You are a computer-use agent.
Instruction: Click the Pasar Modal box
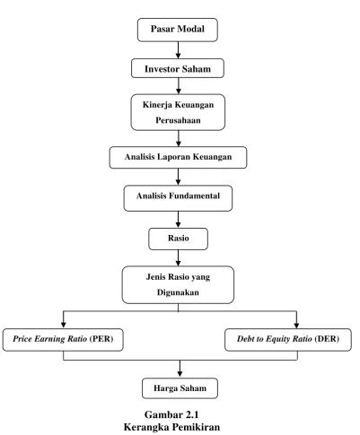pyautogui.click(x=178, y=30)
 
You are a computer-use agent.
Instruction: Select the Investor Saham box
pyautogui.click(x=178, y=68)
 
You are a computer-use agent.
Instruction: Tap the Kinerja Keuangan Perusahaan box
pyautogui.click(x=178, y=112)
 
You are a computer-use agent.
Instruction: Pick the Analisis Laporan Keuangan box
pyautogui.click(x=178, y=157)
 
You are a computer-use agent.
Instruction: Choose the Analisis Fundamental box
pyautogui.click(x=178, y=198)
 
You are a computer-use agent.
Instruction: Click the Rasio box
pyautogui.click(x=178, y=239)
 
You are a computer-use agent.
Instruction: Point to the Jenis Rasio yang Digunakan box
pyautogui.click(x=178, y=285)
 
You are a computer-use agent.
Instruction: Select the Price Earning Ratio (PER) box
pyautogui.click(x=63, y=340)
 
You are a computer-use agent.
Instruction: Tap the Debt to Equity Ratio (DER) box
pyautogui.click(x=288, y=340)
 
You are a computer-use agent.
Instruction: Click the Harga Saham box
pyautogui.click(x=180, y=388)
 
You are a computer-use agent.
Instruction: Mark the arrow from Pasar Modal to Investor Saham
pyautogui.click(x=178, y=50)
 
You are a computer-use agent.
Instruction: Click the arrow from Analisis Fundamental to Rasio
pyautogui.click(x=178, y=220)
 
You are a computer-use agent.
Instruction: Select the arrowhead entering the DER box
pyautogui.click(x=296, y=326)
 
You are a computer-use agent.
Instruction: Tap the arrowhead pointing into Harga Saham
pyautogui.click(x=180, y=374)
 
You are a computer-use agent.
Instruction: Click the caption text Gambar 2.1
pyautogui.click(x=171, y=414)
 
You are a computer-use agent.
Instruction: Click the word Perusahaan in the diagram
pyautogui.click(x=178, y=120)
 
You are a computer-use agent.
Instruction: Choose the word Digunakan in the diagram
pyautogui.click(x=178, y=292)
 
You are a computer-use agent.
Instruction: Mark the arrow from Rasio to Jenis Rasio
pyautogui.click(x=178, y=258)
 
